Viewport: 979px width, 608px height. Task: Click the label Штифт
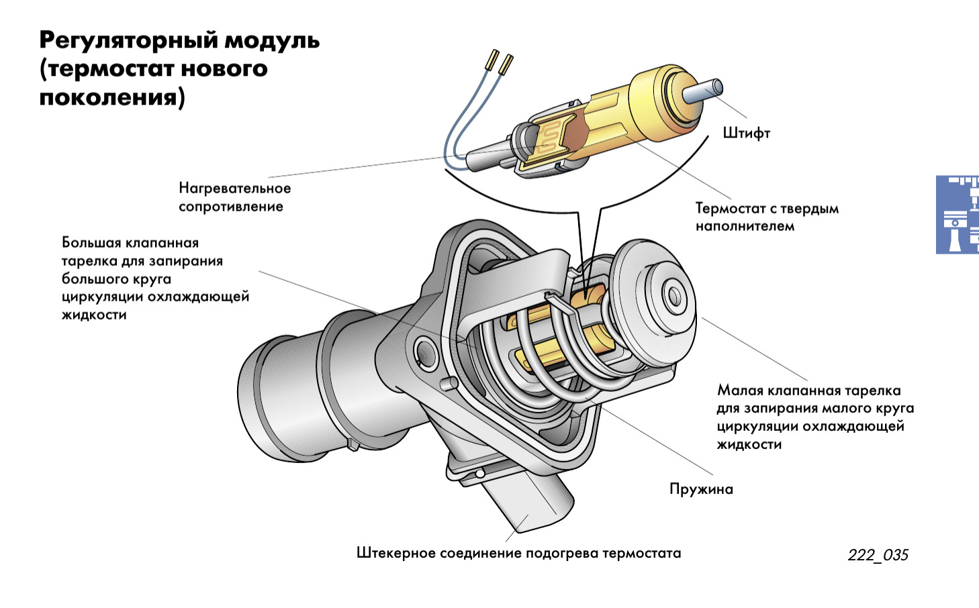pyautogui.click(x=746, y=133)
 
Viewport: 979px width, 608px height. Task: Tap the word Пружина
pyautogui.click(x=701, y=489)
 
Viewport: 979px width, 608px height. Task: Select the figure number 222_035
pyautogui.click(x=878, y=555)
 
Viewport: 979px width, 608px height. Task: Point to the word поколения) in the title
pyautogui.click(x=111, y=98)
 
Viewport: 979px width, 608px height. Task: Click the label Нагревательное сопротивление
pyautogui.click(x=234, y=197)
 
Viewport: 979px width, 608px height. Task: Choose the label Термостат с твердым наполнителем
pyautogui.click(x=767, y=217)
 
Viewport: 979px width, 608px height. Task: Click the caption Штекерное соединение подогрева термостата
pyautogui.click(x=518, y=554)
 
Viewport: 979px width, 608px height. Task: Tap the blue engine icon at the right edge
pyautogui.click(x=957, y=215)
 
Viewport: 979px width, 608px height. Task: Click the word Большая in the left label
pyautogui.click(x=91, y=243)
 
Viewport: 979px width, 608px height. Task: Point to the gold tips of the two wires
pyautogui.click(x=500, y=62)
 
